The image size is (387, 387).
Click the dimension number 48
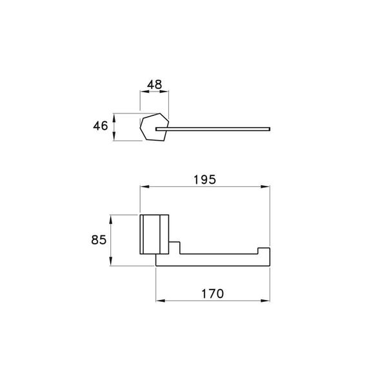(155, 84)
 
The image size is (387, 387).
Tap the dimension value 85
(99, 240)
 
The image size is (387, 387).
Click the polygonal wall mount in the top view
(155, 128)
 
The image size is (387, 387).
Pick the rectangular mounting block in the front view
(155, 233)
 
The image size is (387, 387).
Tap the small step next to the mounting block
(175, 246)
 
